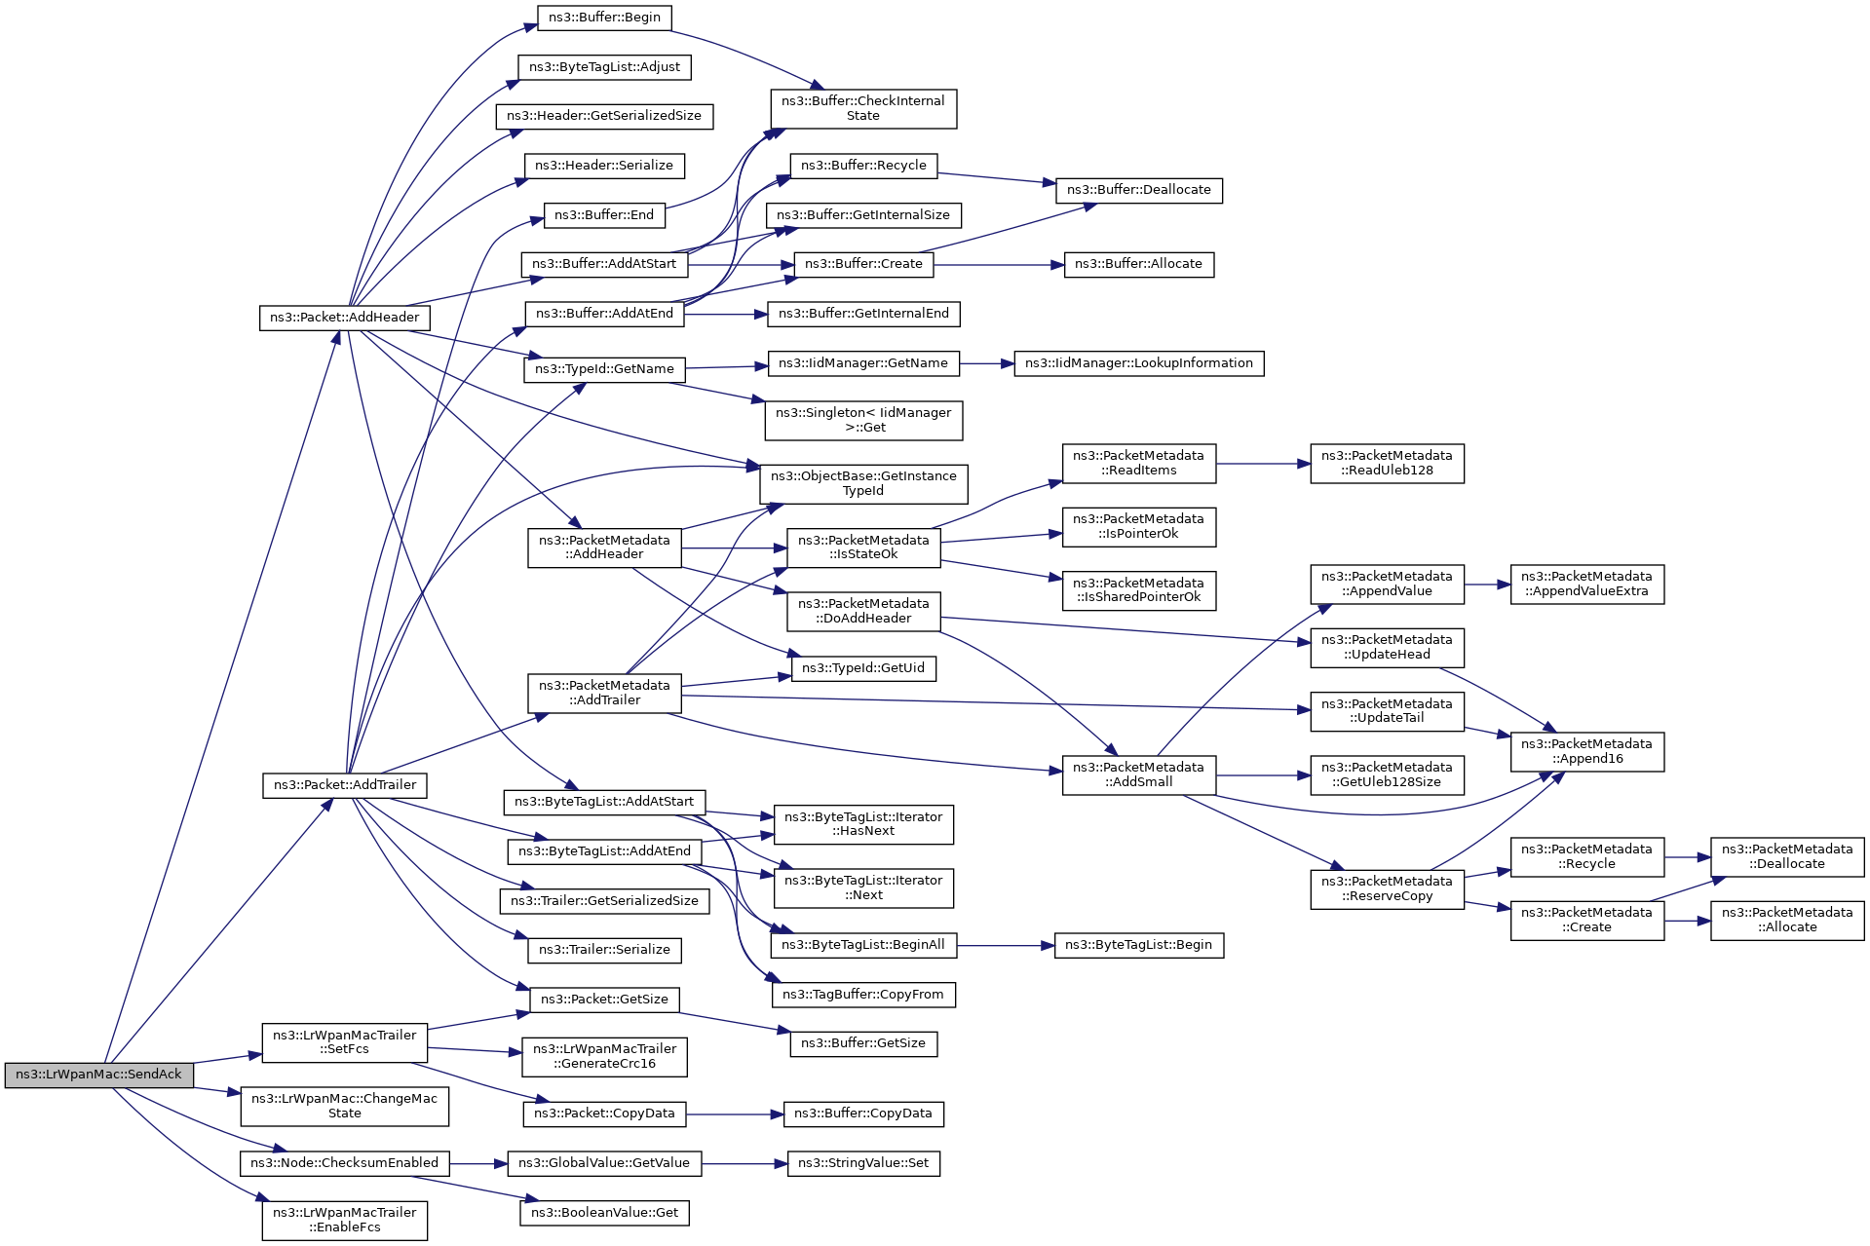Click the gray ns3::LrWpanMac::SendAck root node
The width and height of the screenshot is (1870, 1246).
click(x=98, y=1075)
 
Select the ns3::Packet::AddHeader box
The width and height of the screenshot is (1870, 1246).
click(x=344, y=318)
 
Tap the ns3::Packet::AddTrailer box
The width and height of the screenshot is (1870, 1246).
click(x=344, y=785)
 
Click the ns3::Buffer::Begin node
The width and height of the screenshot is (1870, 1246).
click(x=604, y=18)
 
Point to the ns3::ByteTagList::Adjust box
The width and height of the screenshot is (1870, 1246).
click(x=604, y=67)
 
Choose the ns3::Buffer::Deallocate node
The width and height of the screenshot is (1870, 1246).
click(x=1138, y=190)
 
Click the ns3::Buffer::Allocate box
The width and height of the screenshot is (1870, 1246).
click(x=1138, y=264)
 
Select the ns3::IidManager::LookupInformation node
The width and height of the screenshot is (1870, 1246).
click(x=1138, y=363)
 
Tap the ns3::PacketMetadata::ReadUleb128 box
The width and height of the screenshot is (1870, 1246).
click(x=1386, y=464)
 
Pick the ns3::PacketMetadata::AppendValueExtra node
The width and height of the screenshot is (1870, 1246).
click(x=1586, y=585)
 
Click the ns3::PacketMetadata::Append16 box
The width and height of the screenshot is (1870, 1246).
click(x=1586, y=752)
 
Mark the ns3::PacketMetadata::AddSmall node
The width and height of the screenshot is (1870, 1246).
click(x=1138, y=774)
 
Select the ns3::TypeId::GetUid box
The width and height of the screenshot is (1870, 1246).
click(x=862, y=668)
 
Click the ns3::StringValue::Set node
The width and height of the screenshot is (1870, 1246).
click(x=862, y=1163)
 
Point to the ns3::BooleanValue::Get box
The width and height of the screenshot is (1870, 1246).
click(x=604, y=1213)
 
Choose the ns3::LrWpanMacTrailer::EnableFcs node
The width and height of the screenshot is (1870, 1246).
click(x=344, y=1221)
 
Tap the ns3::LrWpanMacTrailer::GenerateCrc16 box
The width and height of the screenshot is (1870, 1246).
click(x=604, y=1057)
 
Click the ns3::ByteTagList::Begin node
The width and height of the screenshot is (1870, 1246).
click(x=1138, y=945)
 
